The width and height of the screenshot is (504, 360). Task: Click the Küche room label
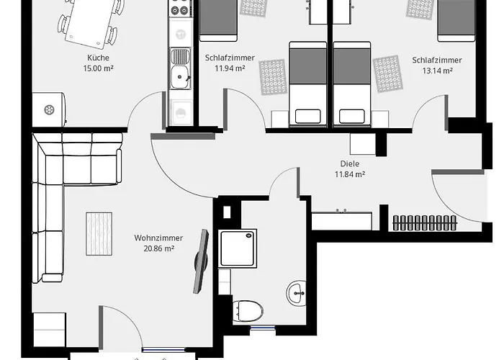[98, 58]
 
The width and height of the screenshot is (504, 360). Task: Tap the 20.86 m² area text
[159, 248]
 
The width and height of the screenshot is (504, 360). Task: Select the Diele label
[350, 163]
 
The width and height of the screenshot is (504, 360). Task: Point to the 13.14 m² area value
[437, 71]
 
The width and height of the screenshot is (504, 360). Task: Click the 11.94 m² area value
[230, 68]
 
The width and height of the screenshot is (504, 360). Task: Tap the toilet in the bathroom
[248, 311]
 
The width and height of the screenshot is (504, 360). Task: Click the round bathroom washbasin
[296, 293]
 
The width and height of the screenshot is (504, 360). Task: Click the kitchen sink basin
[180, 77]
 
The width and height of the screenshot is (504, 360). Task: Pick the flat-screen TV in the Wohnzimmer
[201, 261]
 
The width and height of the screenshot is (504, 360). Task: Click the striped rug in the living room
[99, 234]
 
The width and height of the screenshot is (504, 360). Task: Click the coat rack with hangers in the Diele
[425, 222]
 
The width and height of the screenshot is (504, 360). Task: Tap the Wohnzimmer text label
[158, 238]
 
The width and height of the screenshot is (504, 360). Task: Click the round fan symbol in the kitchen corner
[49, 110]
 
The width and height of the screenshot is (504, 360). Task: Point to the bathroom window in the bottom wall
[263, 328]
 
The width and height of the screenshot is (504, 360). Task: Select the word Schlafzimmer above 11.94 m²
[230, 58]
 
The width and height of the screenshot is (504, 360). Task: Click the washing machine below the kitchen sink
[180, 112]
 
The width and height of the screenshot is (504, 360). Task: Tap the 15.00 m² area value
[98, 68]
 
